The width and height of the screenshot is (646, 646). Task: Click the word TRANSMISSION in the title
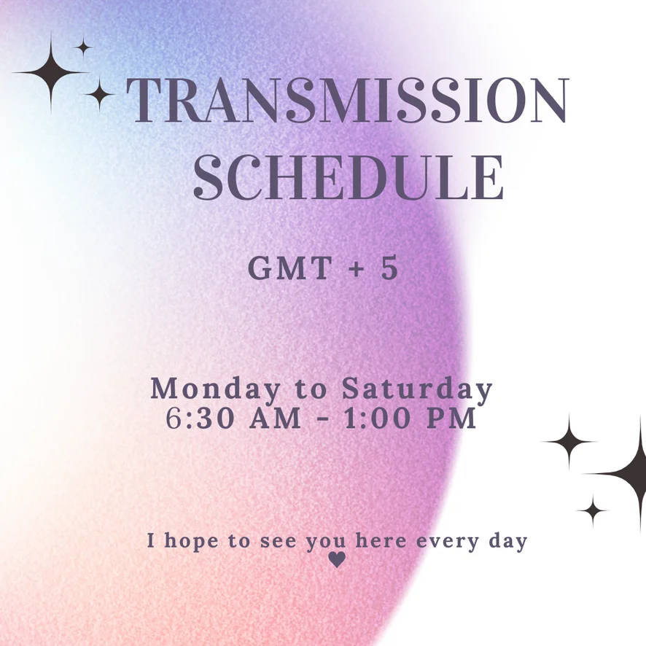click(348, 100)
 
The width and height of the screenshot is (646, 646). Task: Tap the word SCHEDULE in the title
click(349, 178)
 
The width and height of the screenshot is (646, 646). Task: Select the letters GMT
click(290, 268)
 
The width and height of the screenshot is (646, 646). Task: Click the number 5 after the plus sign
click(389, 268)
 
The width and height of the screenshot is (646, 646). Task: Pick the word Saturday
click(417, 389)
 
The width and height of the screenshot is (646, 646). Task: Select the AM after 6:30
click(276, 419)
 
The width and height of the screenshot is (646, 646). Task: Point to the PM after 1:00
click(451, 419)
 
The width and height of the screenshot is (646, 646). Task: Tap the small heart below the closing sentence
click(337, 560)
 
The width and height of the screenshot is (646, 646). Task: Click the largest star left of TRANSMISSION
click(51, 72)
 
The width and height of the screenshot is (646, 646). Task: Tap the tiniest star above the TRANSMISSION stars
click(83, 47)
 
